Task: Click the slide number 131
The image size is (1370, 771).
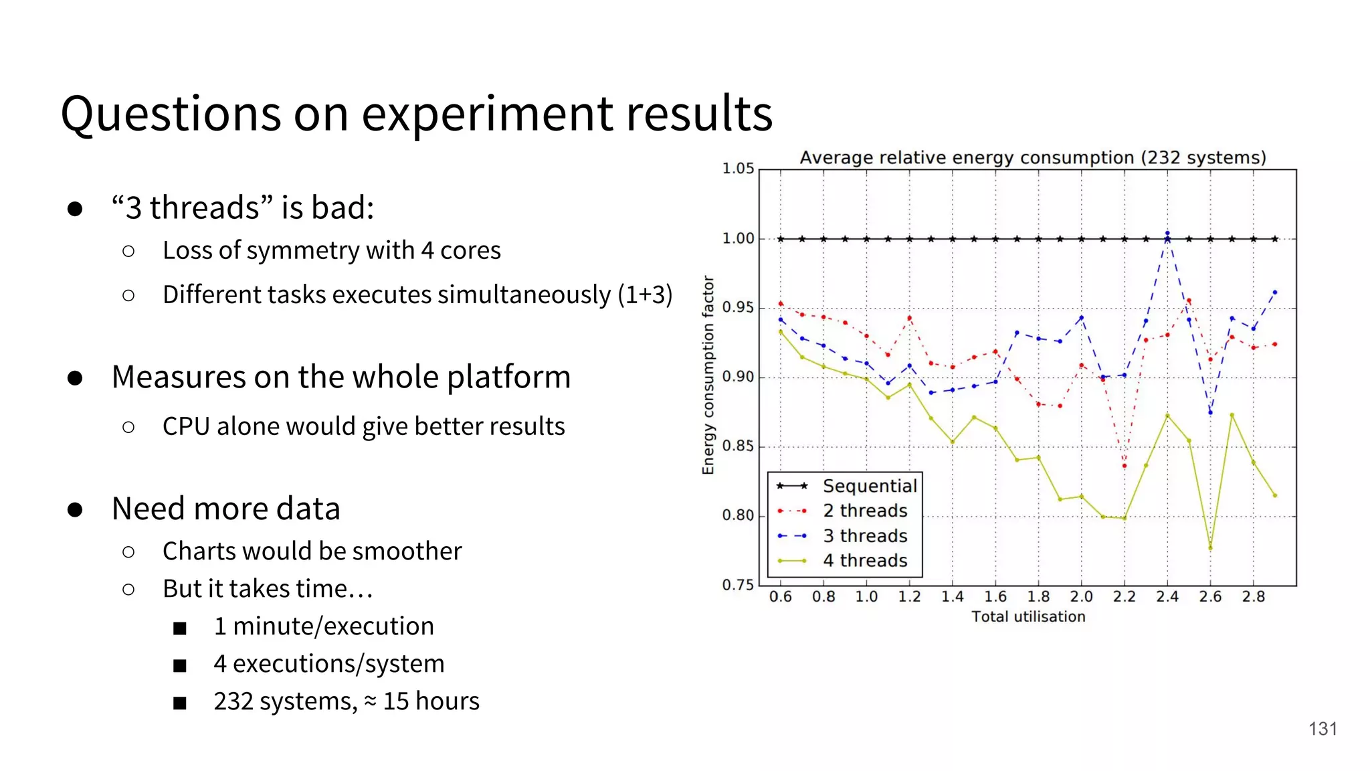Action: click(1323, 729)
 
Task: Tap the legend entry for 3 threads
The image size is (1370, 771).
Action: click(865, 536)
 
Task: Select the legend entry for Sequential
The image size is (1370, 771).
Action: click(870, 486)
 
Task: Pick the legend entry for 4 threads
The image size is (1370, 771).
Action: click(865, 561)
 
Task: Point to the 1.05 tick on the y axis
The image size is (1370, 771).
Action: click(738, 169)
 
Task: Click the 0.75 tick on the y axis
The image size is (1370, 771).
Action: click(738, 586)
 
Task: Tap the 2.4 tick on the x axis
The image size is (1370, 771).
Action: click(1167, 597)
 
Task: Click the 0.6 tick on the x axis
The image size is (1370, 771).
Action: click(780, 597)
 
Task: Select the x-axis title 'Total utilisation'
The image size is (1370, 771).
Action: click(1028, 617)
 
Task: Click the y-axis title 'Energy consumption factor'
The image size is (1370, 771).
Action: click(708, 375)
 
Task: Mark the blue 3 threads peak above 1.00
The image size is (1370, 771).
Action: click(1167, 234)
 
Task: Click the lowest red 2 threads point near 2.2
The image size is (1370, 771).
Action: click(1124, 466)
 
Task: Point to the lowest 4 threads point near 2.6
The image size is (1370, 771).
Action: click(1210, 549)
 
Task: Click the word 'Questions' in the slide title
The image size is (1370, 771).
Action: click(171, 114)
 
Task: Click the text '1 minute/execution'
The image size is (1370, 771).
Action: click(324, 626)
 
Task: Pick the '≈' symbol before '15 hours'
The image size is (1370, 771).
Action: click(370, 701)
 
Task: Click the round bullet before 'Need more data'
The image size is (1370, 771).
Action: click(75, 510)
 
